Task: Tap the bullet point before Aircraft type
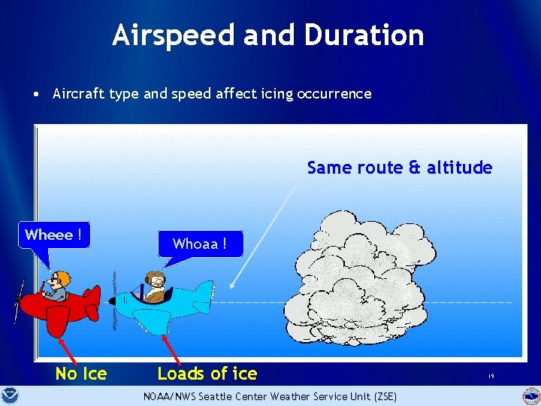click(36, 95)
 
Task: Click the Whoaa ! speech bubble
click(199, 244)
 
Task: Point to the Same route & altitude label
click(399, 168)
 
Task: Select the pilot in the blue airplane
click(156, 286)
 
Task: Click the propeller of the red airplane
click(19, 300)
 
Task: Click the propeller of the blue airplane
click(115, 301)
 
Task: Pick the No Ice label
click(81, 374)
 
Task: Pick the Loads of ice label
click(207, 374)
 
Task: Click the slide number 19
click(490, 376)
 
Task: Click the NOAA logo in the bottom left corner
click(10, 395)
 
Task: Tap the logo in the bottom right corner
click(531, 395)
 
